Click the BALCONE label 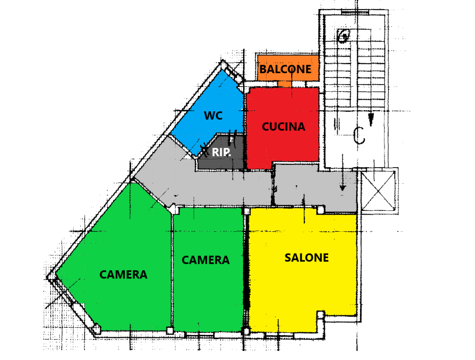(285, 69)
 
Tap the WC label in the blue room (213, 115)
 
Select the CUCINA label (284, 126)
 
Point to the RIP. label (221, 152)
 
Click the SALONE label (306, 258)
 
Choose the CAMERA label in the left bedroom (123, 275)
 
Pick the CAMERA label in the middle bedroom (206, 260)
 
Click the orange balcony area (288, 68)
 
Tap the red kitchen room (282, 127)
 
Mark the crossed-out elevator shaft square (379, 191)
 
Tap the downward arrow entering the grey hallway (342, 172)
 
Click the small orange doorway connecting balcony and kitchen (285, 84)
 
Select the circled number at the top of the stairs (343, 36)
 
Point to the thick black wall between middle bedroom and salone (247, 269)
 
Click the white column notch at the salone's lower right (321, 314)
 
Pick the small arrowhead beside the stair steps (371, 120)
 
